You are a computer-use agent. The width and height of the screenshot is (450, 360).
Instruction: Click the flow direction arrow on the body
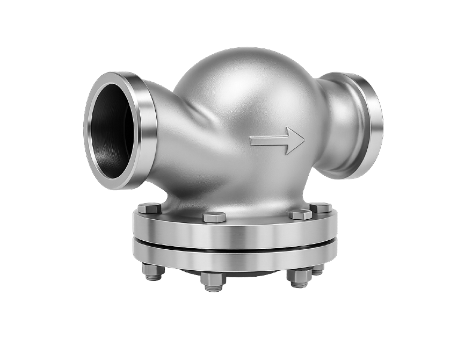pyautogui.click(x=277, y=141)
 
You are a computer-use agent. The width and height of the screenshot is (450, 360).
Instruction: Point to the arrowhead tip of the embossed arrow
pyautogui.click(x=304, y=141)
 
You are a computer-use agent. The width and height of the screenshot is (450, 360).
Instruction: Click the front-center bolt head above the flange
pyautogui.click(x=214, y=217)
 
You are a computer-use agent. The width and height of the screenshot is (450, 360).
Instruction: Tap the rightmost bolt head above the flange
pyautogui.click(x=321, y=207)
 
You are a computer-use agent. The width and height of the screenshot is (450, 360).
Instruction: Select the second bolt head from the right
pyautogui.click(x=300, y=214)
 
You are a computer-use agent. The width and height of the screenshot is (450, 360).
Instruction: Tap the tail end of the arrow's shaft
pyautogui.click(x=252, y=141)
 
